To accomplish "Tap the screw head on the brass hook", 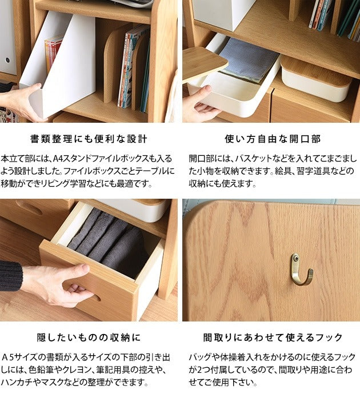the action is tap(295, 258).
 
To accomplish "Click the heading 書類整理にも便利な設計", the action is tap(89, 139).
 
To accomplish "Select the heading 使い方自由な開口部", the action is tap(273, 139).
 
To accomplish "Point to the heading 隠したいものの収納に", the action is tap(89, 337).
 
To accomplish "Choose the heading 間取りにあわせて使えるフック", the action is tap(273, 337).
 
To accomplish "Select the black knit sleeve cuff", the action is tap(11, 276).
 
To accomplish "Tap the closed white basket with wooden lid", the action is tap(316, 79).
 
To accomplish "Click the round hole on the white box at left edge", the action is tap(7, 60).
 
